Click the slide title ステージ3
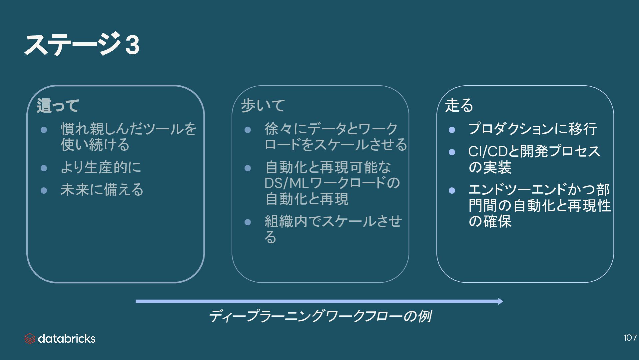pos(82,44)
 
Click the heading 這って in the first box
pos(58,106)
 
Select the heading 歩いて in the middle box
pos(263,105)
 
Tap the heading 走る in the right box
pos(459,105)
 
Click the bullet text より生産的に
pos(101,167)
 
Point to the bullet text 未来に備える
pos(102,190)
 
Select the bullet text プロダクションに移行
pos(532,129)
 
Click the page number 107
pos(630,338)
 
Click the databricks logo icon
pos(30,339)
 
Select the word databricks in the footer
pos(67,339)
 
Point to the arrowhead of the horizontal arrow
pos(500,301)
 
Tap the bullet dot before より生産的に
pos(44,168)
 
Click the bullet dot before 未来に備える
pos(44,190)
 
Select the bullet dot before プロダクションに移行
pos(452,130)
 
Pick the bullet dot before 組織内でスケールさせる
pos(248,222)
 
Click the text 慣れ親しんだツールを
pos(129,129)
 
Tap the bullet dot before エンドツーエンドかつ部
pos(452,190)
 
